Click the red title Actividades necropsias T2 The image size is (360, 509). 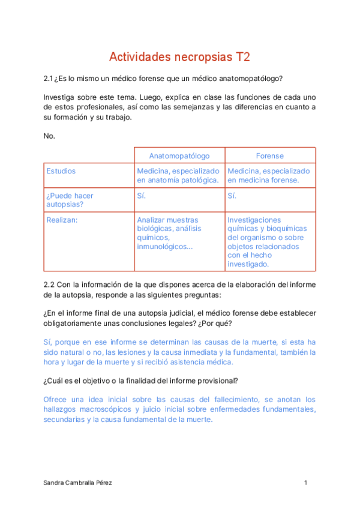(x=179, y=57)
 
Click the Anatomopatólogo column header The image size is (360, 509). (x=179, y=156)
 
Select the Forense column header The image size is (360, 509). (x=270, y=156)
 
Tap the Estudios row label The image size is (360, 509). (x=61, y=171)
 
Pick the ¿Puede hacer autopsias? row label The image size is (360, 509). (x=70, y=200)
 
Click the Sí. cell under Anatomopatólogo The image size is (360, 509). (x=142, y=196)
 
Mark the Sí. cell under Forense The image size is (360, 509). (x=232, y=196)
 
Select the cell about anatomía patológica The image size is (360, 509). (x=178, y=175)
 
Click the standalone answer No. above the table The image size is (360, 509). (x=49, y=136)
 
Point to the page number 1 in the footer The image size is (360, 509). (x=306, y=483)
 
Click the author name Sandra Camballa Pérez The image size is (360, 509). (x=77, y=483)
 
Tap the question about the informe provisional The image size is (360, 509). (x=142, y=381)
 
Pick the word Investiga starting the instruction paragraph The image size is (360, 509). (x=59, y=97)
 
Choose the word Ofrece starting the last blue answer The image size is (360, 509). (x=56, y=400)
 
